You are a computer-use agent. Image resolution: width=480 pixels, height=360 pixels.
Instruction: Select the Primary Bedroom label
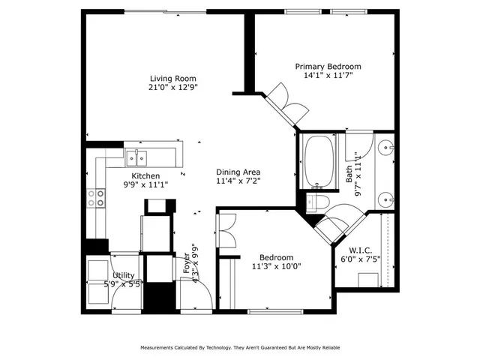pos(328,66)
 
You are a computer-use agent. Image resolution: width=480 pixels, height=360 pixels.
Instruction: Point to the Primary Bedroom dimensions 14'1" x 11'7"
pos(328,75)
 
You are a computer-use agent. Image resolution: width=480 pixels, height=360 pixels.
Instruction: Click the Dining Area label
pos(238,172)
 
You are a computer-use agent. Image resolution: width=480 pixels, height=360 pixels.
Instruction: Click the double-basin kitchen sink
pos(137,157)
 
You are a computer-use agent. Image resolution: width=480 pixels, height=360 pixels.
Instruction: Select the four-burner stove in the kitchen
pos(97,198)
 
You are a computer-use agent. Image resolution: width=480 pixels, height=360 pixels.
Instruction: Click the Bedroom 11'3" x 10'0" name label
pos(271,257)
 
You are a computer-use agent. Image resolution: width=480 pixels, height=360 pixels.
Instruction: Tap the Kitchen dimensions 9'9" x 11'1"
pos(145,184)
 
